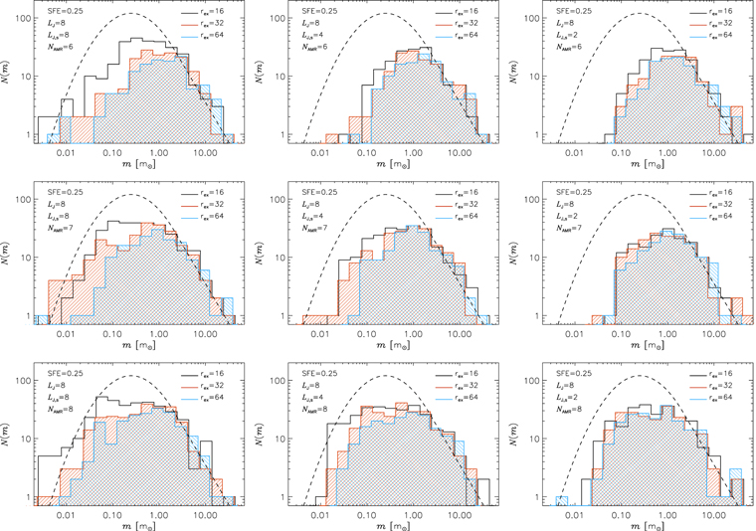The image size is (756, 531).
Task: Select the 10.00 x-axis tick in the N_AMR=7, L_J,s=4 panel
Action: (461, 331)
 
